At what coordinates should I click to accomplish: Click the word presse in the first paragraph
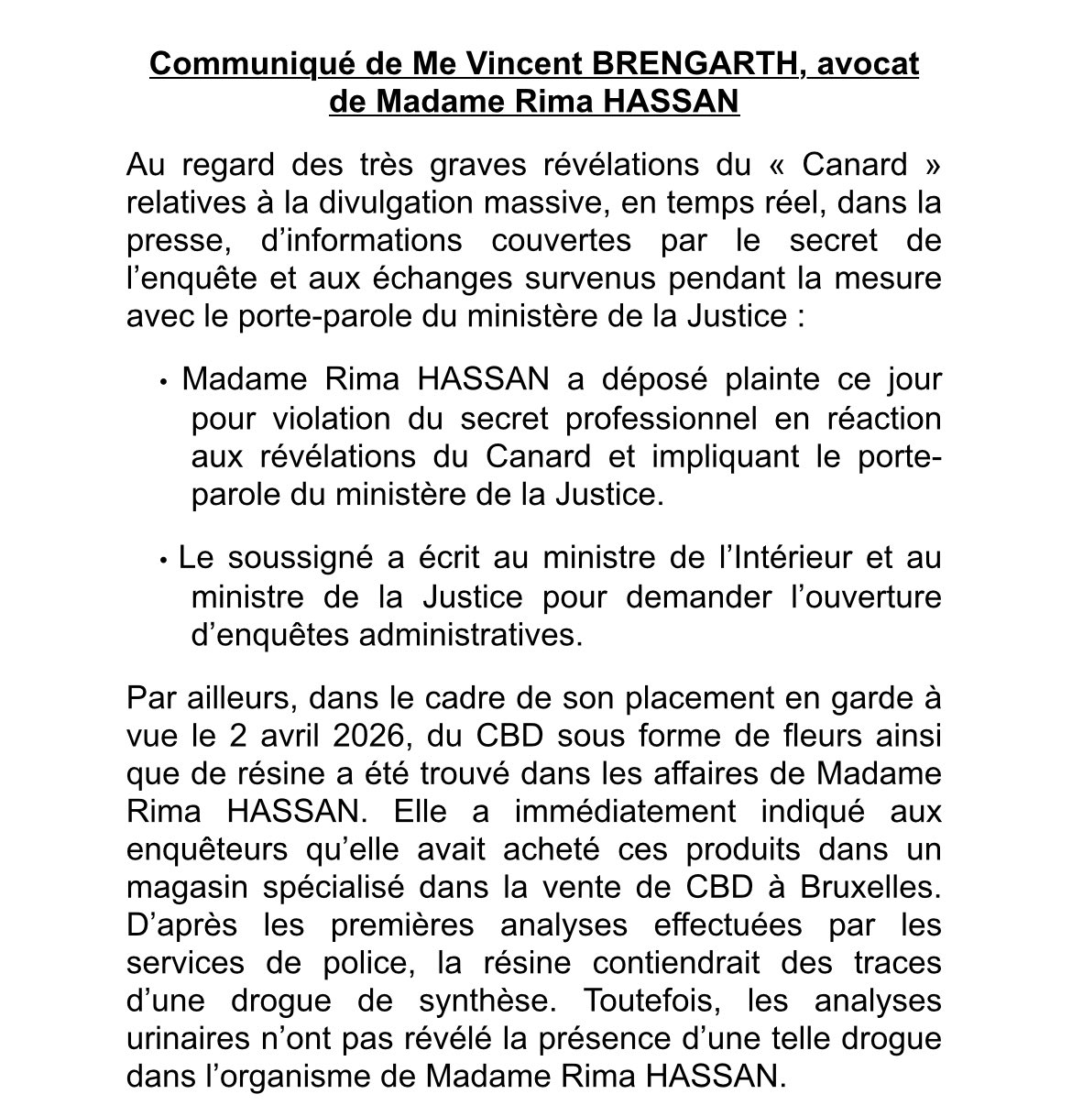(x=170, y=241)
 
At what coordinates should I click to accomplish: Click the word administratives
(x=471, y=635)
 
